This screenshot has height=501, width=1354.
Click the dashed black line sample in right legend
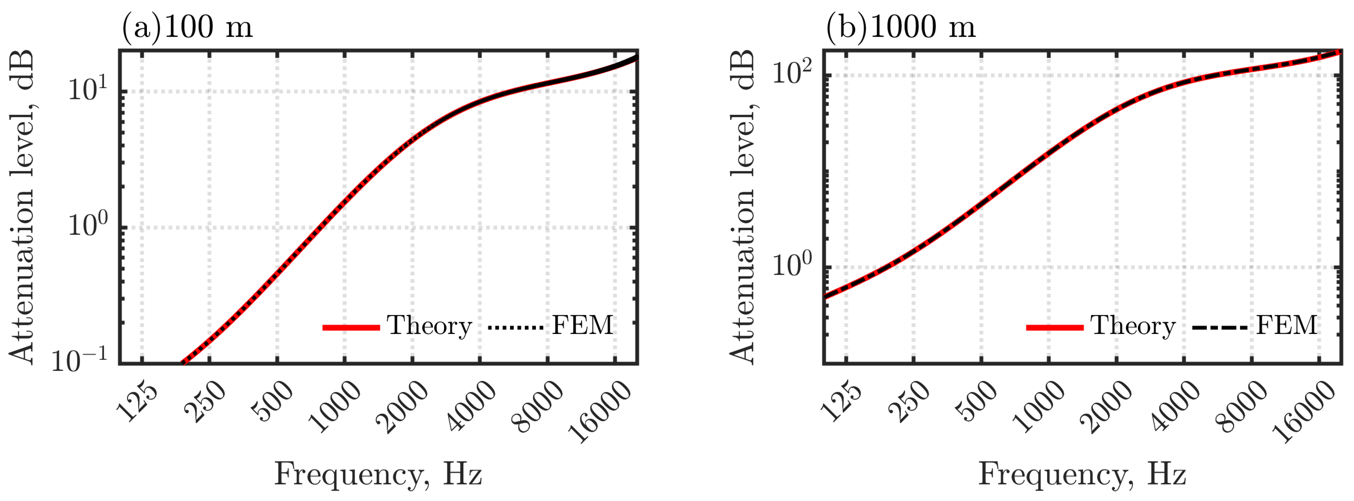[1220, 328]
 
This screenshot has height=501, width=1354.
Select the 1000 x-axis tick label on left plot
[335, 407]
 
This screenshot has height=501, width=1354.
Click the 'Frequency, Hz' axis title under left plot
[378, 474]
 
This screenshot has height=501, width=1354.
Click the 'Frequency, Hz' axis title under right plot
[1082, 474]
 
